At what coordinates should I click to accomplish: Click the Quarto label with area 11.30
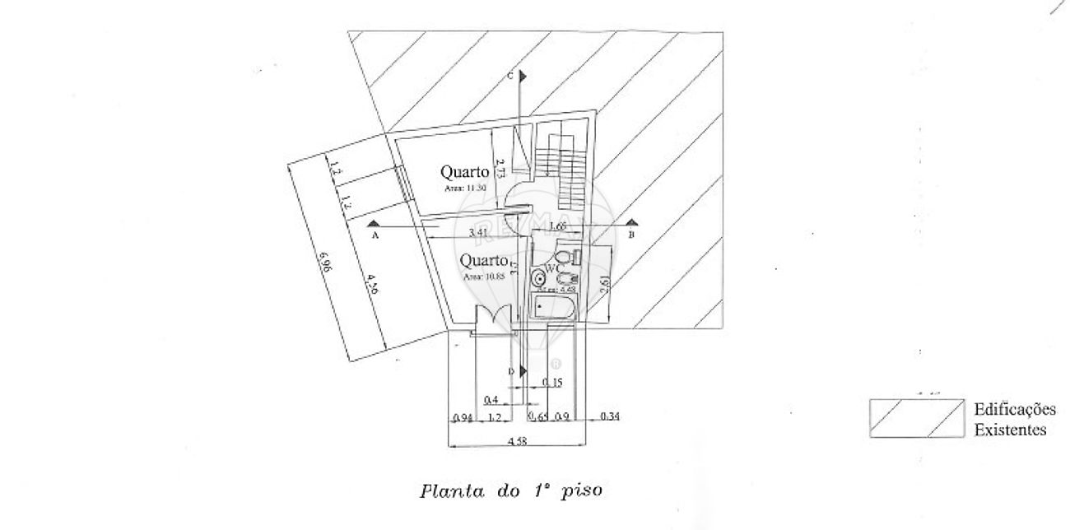(x=465, y=172)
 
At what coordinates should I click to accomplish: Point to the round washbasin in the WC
(x=540, y=277)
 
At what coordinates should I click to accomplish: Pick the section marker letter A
(x=375, y=235)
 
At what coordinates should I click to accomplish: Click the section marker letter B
(x=631, y=235)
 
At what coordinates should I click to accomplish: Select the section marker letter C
(x=511, y=76)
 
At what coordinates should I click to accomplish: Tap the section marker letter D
(x=511, y=372)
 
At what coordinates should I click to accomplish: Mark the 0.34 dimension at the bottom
(x=610, y=417)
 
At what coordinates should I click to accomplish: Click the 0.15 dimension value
(x=553, y=383)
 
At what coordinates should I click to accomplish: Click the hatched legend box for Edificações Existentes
(x=916, y=418)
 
